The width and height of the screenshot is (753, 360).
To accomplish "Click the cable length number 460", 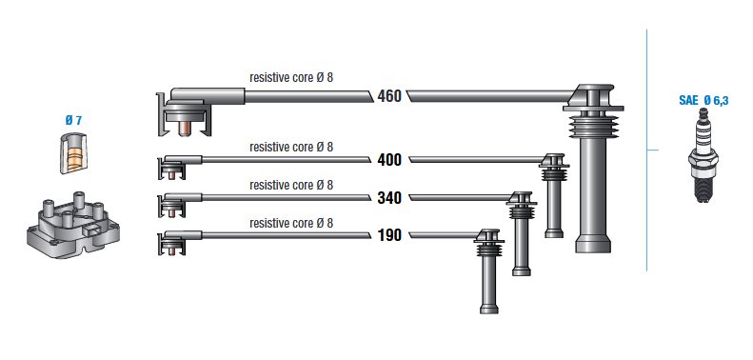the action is click(x=389, y=96).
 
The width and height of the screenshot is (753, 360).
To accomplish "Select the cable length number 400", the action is click(x=389, y=160).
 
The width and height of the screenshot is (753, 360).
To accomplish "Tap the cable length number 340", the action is click(x=389, y=197).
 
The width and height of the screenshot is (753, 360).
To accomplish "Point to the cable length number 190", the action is click(x=389, y=235).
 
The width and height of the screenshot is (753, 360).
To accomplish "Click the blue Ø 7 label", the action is click(x=73, y=121).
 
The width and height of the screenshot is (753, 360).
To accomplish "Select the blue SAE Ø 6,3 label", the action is click(x=703, y=100).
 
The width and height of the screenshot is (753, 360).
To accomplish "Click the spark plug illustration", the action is click(x=703, y=155).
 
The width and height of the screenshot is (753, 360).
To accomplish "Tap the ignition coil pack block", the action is click(x=72, y=226).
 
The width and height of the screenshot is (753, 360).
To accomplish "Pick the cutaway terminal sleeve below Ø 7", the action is click(x=73, y=153).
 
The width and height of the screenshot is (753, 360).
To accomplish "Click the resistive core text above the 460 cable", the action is click(x=291, y=77).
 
